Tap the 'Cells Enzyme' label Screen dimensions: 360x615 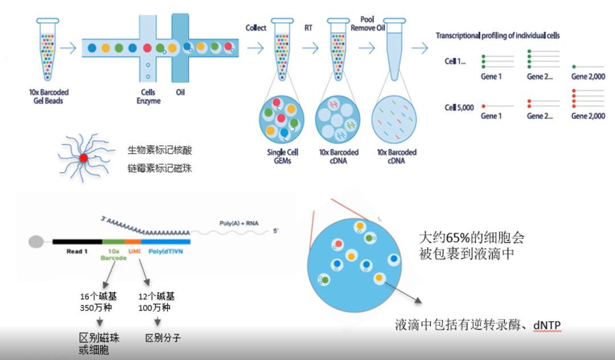pyautogui.click(x=149, y=96)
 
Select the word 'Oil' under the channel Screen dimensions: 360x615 pyautogui.click(x=180, y=92)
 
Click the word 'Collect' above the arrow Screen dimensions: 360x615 pyautogui.click(x=256, y=28)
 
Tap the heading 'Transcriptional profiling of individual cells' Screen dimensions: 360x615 pyautogui.click(x=498, y=35)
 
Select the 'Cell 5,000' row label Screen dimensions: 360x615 pyautogui.click(x=459, y=107)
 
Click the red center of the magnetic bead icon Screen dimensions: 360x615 pyautogui.click(x=84, y=158)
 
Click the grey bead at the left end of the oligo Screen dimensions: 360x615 pyautogui.click(x=36, y=241)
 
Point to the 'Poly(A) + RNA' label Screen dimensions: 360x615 pyautogui.click(x=239, y=223)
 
